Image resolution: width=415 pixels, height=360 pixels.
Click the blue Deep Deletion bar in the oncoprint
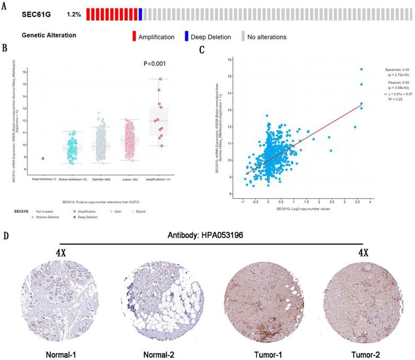coord(140,14)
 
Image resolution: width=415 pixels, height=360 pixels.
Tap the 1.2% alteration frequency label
coord(74,15)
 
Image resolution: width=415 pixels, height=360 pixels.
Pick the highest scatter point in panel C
coord(361,69)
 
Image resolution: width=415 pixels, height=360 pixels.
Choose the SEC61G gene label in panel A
coord(37,15)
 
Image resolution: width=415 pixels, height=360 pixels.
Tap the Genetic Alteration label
coord(49,36)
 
